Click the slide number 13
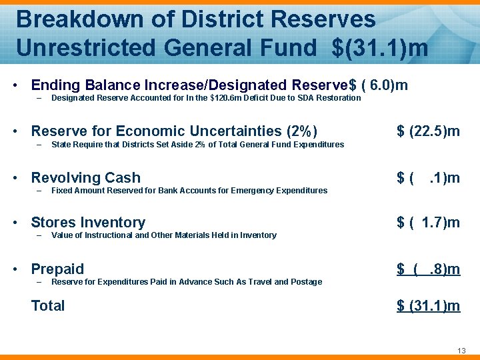(460, 351)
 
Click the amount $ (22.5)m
(428, 131)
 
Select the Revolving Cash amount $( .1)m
(428, 178)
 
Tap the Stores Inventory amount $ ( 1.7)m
(428, 223)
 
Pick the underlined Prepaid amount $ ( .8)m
(428, 269)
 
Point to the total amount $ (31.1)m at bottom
(428, 306)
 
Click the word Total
(48, 306)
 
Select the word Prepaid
(58, 269)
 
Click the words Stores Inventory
(88, 223)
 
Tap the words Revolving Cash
(86, 178)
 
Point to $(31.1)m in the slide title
(380, 48)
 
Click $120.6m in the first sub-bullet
(227, 98)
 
